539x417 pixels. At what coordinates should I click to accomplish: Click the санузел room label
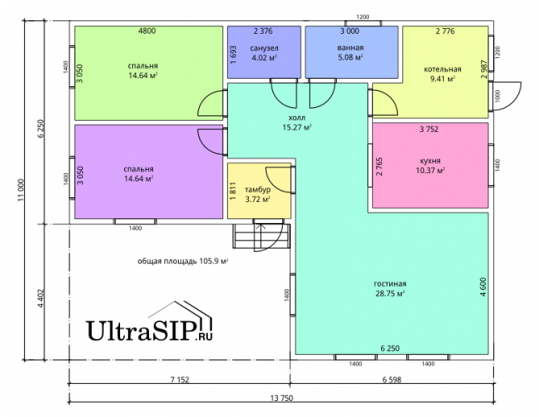[263, 48]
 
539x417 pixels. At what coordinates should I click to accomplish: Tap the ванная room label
[350, 48]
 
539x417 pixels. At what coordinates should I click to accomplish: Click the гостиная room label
[389, 284]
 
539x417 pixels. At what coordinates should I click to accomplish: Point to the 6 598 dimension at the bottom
[391, 379]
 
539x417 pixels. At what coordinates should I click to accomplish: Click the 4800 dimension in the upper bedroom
[147, 31]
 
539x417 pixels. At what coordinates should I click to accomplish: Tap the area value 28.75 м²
[389, 294]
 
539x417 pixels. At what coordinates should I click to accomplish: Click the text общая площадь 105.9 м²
[183, 262]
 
